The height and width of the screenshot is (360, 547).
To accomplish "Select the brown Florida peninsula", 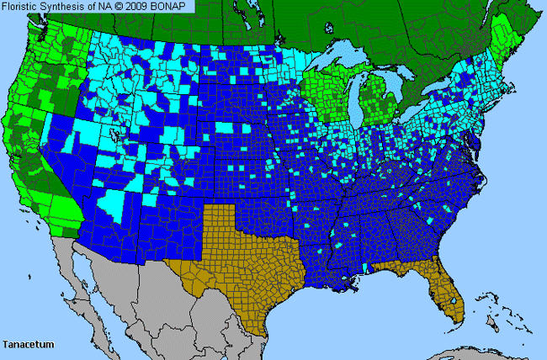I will coord(447,290).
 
